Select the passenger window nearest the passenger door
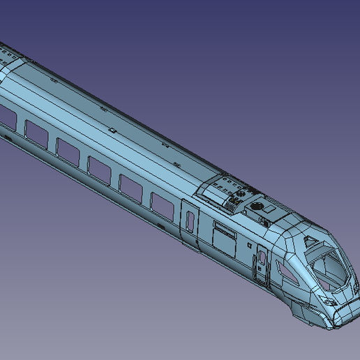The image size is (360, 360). [x=162, y=207]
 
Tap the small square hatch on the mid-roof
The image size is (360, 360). [x=111, y=130]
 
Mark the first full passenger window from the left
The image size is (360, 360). [x=36, y=134]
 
